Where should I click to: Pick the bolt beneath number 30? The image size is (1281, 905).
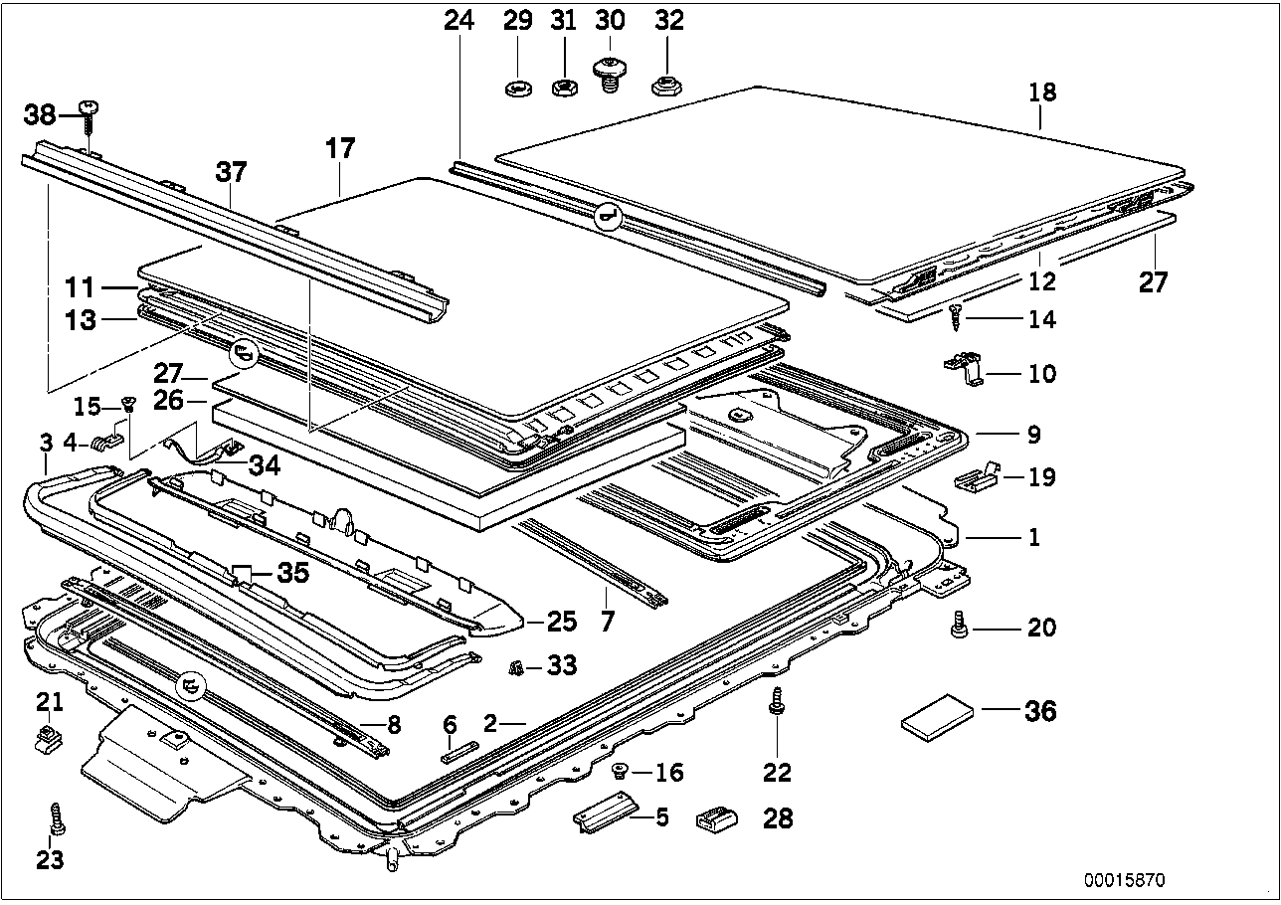[x=609, y=75]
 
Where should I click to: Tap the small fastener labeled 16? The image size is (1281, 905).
[x=620, y=770]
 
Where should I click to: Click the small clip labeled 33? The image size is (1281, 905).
[x=517, y=666]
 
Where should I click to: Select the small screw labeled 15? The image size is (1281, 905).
[x=127, y=404]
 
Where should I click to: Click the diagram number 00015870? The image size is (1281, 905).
[x=1124, y=880]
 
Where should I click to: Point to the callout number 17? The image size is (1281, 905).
[x=339, y=149]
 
